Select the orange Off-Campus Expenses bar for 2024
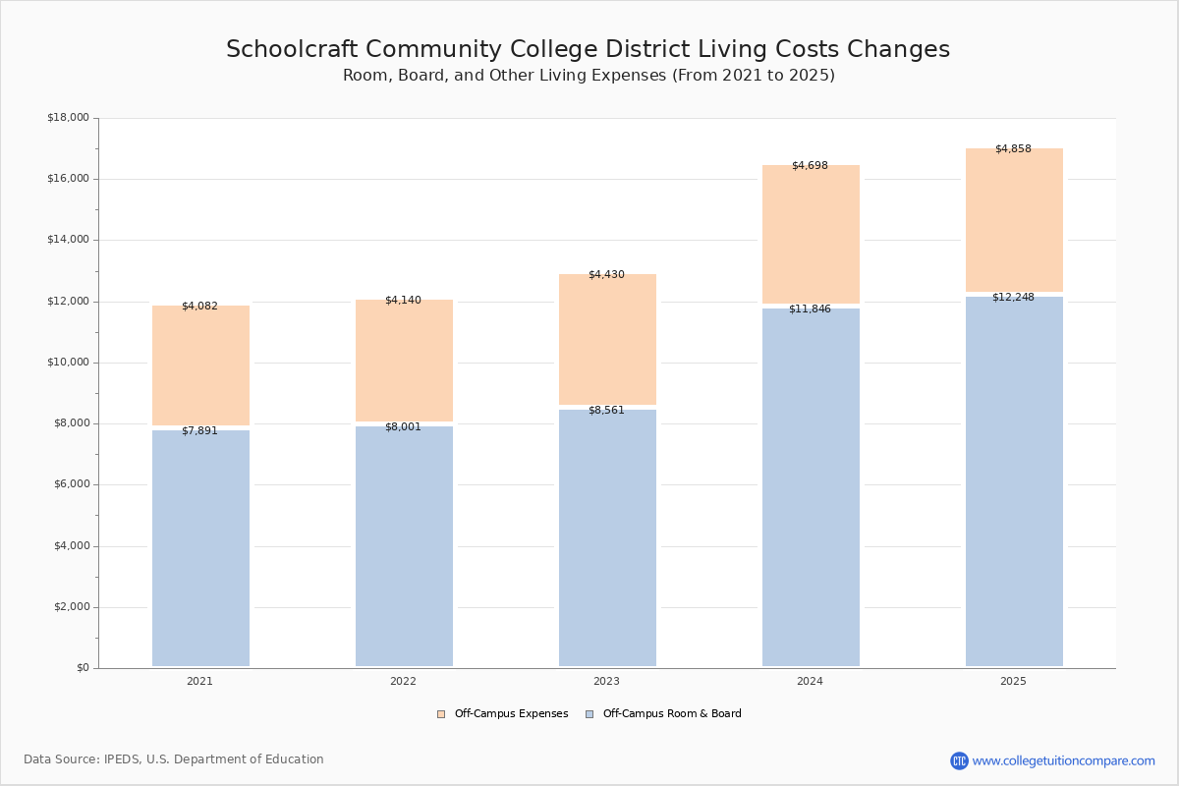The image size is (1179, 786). [811, 235]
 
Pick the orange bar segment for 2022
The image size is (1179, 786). [404, 361]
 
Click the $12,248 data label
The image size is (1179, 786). [1013, 298]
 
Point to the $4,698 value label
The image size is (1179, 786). [810, 166]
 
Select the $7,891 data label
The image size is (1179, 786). [199, 431]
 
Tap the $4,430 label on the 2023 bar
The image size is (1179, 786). [606, 275]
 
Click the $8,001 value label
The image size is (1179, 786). [403, 427]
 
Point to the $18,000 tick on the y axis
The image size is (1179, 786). [68, 118]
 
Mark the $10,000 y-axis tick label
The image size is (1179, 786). [68, 363]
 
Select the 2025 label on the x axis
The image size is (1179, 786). [1013, 682]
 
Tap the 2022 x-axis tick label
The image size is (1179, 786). [403, 682]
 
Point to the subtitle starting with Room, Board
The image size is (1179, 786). [589, 76]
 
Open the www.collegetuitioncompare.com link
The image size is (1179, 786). [1063, 761]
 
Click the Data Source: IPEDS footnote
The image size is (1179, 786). [174, 759]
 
